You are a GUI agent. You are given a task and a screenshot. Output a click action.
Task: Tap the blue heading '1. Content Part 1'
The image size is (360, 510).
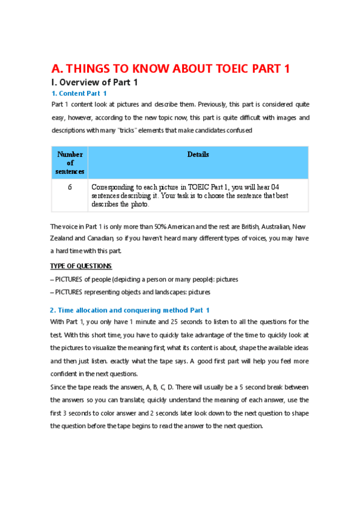[79, 93]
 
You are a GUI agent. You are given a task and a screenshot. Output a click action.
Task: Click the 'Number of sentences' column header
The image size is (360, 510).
[70, 162]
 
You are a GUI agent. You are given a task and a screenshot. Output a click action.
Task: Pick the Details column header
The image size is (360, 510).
[198, 155]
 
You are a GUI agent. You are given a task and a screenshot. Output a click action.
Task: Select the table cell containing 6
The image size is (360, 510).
[70, 187]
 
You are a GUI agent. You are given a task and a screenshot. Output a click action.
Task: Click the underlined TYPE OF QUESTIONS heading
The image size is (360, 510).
[81, 266]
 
